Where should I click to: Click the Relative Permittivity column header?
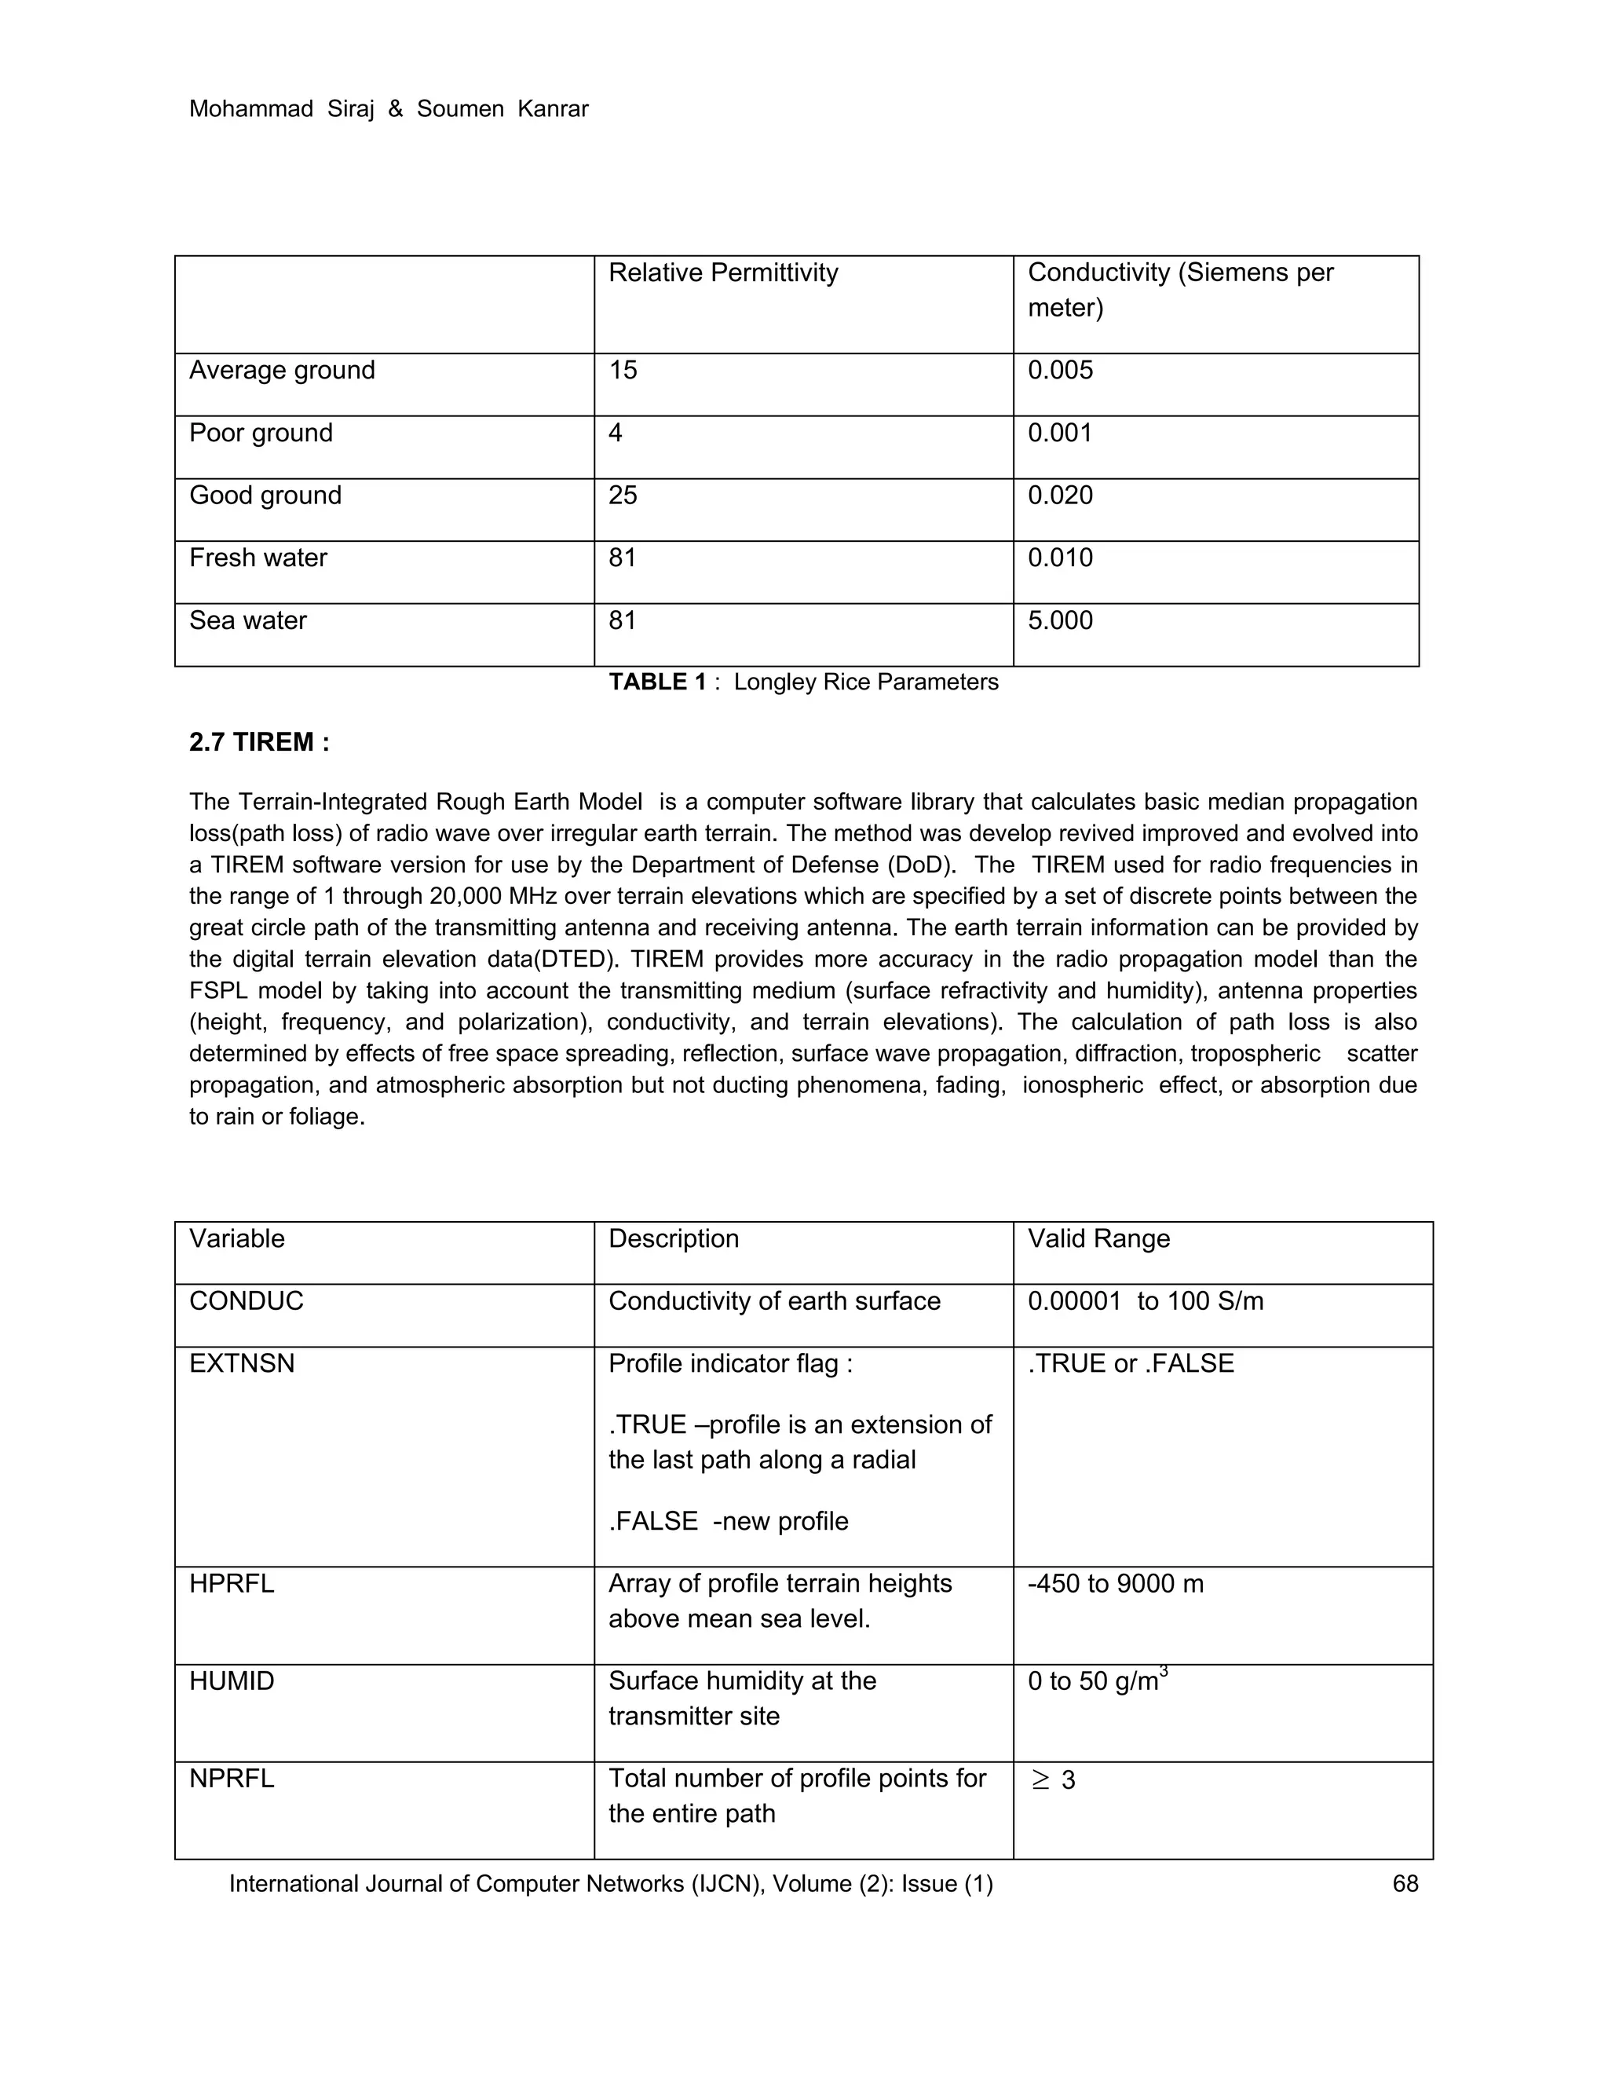pos(723,273)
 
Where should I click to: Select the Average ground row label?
pos(282,370)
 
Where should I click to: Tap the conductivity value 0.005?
pos(1059,370)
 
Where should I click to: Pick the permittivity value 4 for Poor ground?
pos(616,433)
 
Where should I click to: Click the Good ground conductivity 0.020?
pos(1059,496)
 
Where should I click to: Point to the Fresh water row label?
pos(258,558)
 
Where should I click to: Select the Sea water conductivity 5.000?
pos(1059,620)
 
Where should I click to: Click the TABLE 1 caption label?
pos(657,682)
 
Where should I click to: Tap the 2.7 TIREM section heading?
pos(259,742)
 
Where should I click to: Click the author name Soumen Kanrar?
pos(502,110)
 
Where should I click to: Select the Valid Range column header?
pos(1098,1238)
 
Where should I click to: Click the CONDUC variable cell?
pos(246,1301)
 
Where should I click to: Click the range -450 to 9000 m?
pos(1116,1584)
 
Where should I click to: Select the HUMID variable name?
pos(232,1681)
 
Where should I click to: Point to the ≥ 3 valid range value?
pos(1053,1780)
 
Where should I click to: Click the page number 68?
pos(1405,1884)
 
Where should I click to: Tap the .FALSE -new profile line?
pos(728,1521)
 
